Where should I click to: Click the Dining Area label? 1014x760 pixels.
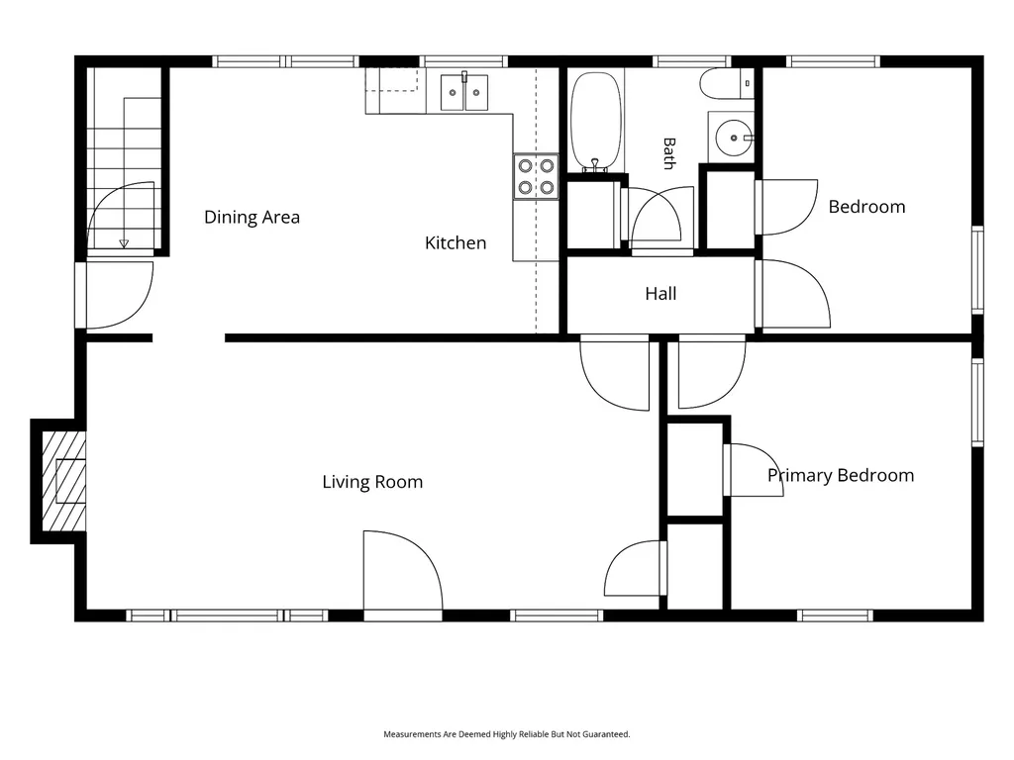[x=252, y=217]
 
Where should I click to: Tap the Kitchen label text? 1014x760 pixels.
[x=456, y=243]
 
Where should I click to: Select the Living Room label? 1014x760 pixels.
[x=372, y=482]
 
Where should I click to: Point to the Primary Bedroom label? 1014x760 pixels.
[x=841, y=476]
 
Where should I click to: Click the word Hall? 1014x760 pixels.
[x=660, y=293]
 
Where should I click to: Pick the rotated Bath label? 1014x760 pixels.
[x=669, y=153]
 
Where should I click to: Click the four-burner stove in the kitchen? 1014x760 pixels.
[x=536, y=176]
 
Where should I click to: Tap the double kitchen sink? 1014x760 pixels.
[x=464, y=92]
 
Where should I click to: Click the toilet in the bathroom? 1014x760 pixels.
[x=727, y=84]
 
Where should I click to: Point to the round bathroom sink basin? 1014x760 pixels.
[x=734, y=138]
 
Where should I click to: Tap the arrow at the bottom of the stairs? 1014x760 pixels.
[x=124, y=243]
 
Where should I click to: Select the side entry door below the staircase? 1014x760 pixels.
[x=117, y=295]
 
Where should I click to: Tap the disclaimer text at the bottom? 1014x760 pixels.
[x=506, y=734]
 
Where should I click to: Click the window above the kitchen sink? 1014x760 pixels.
[x=463, y=61]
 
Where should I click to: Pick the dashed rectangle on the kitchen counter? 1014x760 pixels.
[x=391, y=79]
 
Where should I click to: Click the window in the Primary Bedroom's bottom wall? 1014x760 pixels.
[x=835, y=616]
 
